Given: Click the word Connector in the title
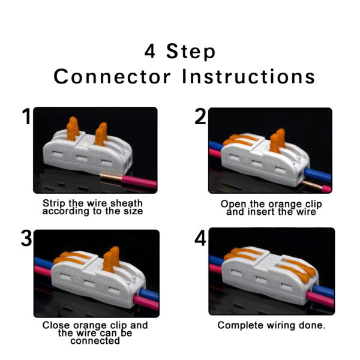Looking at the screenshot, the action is click(112, 76).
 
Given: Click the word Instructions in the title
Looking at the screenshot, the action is click(248, 76).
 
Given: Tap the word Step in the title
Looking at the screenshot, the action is click(191, 52).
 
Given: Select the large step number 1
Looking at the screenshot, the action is click(26, 116).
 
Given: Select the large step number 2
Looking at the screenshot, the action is click(200, 116).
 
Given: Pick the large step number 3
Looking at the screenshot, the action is click(26, 238).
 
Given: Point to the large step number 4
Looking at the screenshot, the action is click(200, 238).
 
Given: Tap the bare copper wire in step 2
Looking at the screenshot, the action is click(312, 185).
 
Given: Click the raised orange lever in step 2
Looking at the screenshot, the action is click(278, 140).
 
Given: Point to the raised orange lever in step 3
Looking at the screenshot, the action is click(112, 259).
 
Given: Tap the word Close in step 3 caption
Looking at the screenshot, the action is click(56, 325).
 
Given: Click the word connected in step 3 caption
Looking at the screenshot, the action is click(95, 341).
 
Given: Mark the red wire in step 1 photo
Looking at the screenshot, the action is click(139, 181).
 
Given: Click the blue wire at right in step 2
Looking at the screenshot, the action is click(318, 175).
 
